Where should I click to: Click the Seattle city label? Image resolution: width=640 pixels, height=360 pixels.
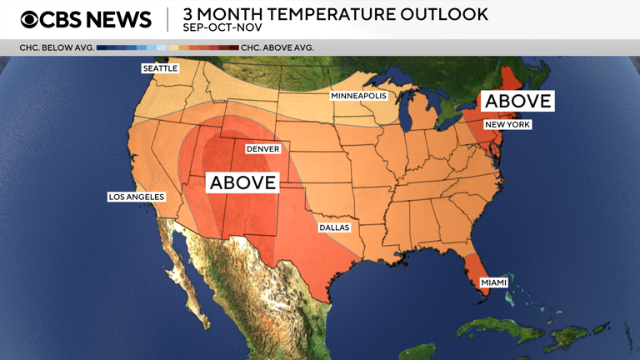160,68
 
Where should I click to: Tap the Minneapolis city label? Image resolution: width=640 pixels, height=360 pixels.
358,96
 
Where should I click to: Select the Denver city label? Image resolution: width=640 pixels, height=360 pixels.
262,149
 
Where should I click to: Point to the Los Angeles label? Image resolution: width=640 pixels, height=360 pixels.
137,197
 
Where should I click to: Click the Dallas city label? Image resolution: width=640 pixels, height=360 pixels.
334,227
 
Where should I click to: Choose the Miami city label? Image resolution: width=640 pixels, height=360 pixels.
493,282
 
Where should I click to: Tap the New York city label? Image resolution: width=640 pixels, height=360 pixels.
507,124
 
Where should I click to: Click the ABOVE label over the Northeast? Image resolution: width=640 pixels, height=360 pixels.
518,101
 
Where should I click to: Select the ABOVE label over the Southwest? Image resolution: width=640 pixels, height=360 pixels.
242,182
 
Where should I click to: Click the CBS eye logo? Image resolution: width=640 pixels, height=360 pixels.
30,19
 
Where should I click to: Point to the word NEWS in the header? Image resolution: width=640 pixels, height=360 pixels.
119,19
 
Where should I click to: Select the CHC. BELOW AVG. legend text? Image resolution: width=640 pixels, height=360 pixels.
57,47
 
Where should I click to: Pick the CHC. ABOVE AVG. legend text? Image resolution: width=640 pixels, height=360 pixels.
277,47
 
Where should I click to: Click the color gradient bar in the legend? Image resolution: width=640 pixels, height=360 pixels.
167,47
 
